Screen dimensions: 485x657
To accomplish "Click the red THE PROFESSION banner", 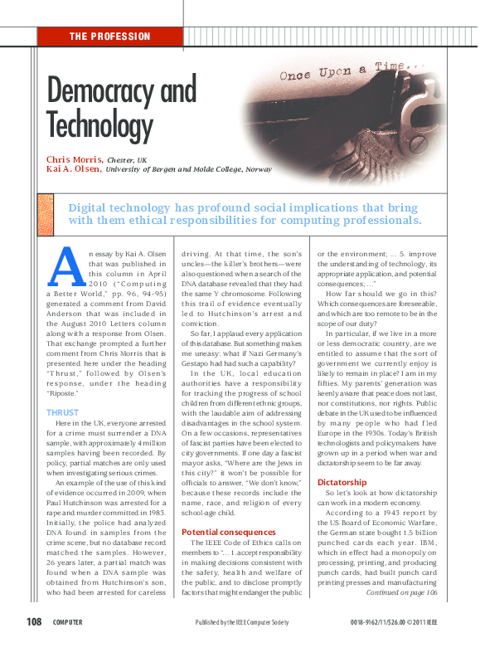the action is coord(110,36).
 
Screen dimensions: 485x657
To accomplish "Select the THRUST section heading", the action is coord(62,411).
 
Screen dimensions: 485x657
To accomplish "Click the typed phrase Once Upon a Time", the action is coord(342,71).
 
